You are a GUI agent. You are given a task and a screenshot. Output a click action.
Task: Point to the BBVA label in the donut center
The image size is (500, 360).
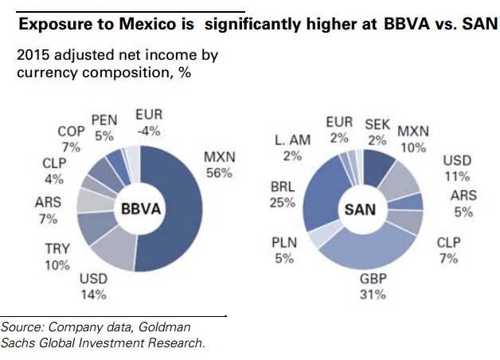coord(141,209)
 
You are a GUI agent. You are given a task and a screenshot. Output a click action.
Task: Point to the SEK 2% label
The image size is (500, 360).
coord(377,132)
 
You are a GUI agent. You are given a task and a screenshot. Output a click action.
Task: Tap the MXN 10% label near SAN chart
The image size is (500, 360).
coord(412,138)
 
